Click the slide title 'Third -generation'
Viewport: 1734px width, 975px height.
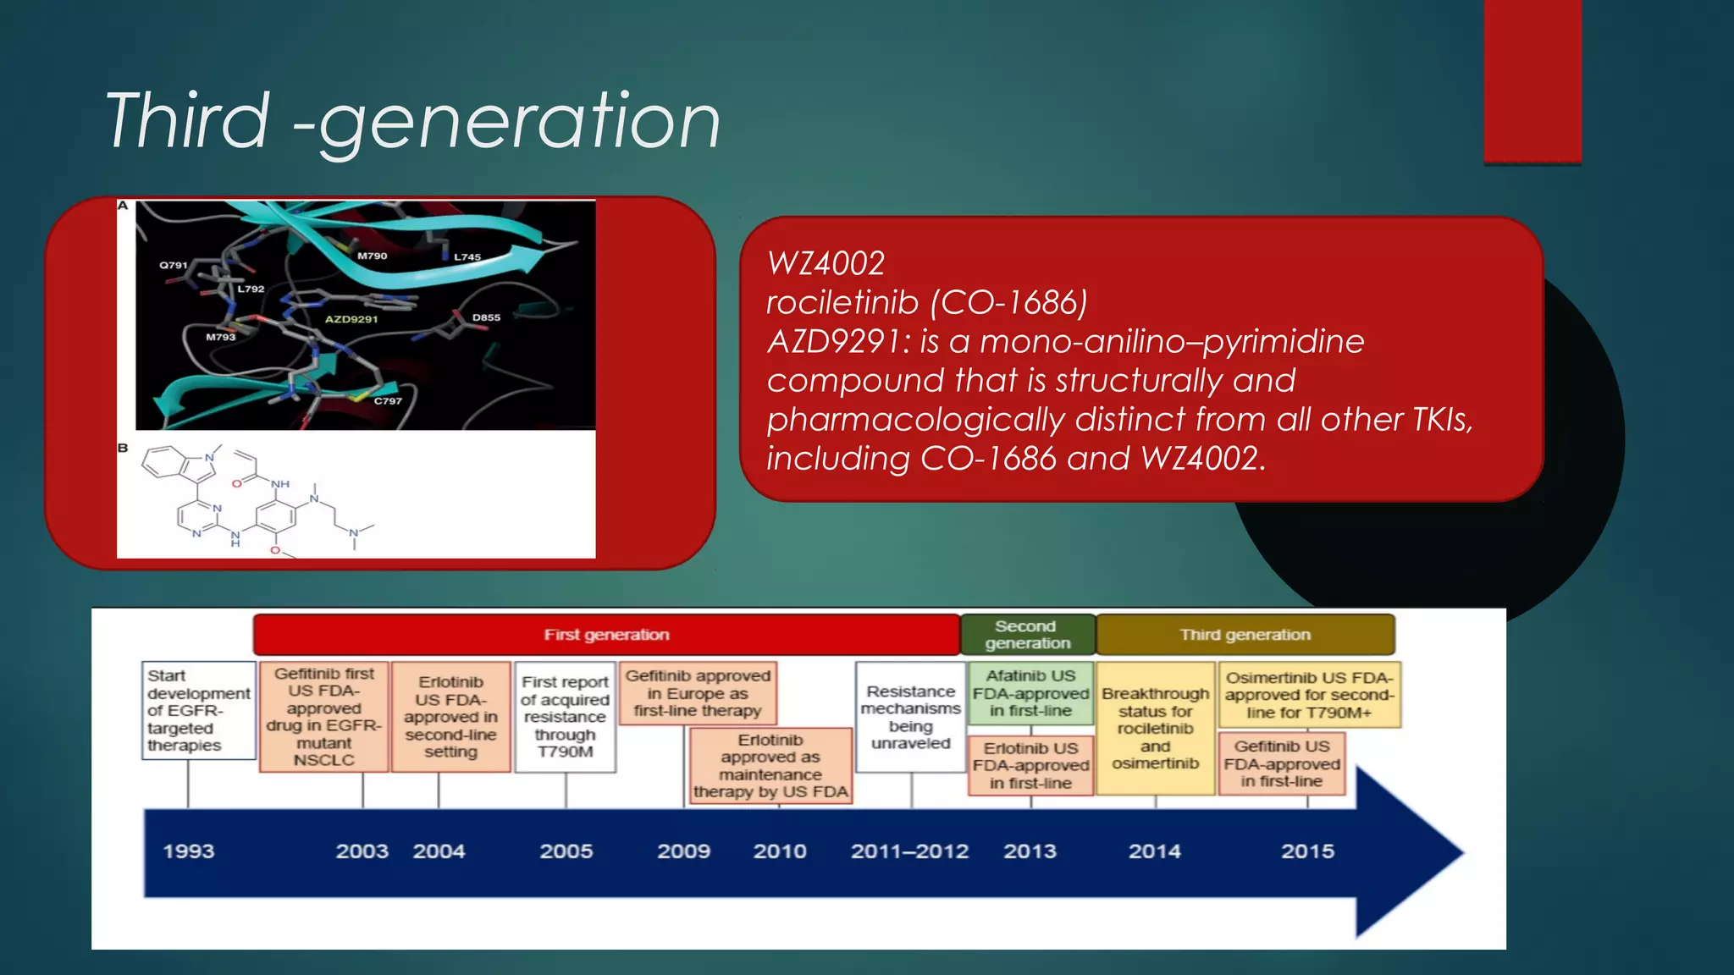click(412, 121)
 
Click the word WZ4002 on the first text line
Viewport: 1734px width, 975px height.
click(826, 263)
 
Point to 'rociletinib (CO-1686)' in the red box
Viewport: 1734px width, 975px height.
click(926, 302)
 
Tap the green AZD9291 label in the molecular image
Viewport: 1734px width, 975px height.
click(351, 319)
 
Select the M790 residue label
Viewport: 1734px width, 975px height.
click(372, 256)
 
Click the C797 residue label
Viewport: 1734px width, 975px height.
click(388, 401)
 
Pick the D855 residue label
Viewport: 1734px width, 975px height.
click(486, 317)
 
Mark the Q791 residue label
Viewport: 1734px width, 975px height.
click(174, 265)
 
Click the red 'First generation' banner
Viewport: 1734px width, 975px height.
click(606, 635)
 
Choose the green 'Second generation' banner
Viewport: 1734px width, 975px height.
click(1027, 635)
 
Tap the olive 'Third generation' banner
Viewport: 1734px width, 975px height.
click(1245, 635)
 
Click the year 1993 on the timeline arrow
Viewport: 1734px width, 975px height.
click(189, 851)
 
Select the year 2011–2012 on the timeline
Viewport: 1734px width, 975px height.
click(909, 851)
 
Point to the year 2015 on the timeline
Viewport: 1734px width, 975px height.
click(1307, 851)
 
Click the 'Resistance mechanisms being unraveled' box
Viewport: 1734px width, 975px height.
click(911, 717)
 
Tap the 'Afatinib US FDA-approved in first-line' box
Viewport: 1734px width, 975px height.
click(1030, 693)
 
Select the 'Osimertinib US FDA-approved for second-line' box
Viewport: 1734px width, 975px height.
click(1309, 695)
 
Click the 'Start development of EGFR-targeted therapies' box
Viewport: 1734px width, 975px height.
click(198, 710)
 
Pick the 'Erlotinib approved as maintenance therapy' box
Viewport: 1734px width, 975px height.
click(770, 766)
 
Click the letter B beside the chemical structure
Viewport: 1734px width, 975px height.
click(123, 448)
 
